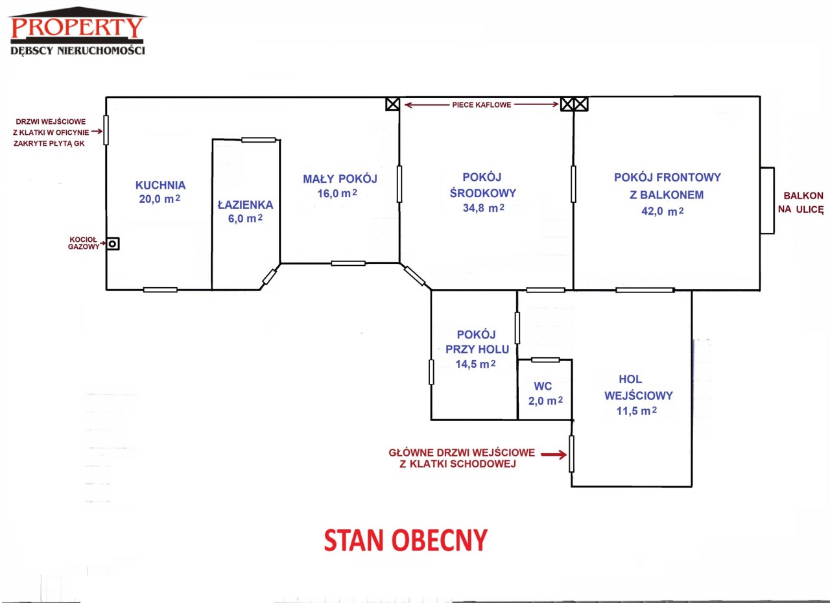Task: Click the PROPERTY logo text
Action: tap(77, 27)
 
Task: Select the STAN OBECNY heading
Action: tap(406, 540)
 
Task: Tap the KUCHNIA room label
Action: tap(160, 185)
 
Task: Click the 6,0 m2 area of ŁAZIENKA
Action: tap(245, 219)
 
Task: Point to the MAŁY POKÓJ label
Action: tap(340, 179)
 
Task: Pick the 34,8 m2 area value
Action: tap(483, 207)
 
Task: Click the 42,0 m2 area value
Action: tap(663, 211)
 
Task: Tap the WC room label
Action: tap(543, 386)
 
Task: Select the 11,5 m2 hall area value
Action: tap(637, 411)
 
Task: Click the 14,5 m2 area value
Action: tap(475, 364)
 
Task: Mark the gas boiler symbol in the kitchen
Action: tap(113, 244)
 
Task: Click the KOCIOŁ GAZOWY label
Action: tap(84, 243)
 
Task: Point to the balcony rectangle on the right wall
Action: tap(767, 200)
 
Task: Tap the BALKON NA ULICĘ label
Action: tap(801, 202)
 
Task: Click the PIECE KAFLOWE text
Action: tap(481, 105)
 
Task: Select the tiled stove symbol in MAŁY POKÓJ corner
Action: tap(392, 104)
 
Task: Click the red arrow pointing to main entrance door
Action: tap(554, 454)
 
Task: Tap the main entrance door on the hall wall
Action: tap(571, 454)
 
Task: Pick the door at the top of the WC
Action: tap(545, 360)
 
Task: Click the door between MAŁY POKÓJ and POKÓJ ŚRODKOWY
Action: tap(399, 183)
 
